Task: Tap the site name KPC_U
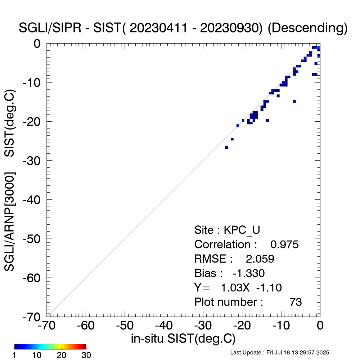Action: click(244, 230)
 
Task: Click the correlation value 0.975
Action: click(284, 244)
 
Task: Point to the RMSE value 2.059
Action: click(260, 259)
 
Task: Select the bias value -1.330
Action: click(249, 273)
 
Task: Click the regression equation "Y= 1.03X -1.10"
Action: click(238, 288)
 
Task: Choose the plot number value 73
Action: click(296, 302)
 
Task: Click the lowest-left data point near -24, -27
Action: click(226, 147)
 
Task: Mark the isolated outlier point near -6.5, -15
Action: click(294, 102)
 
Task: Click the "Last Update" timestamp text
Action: click(279, 352)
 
